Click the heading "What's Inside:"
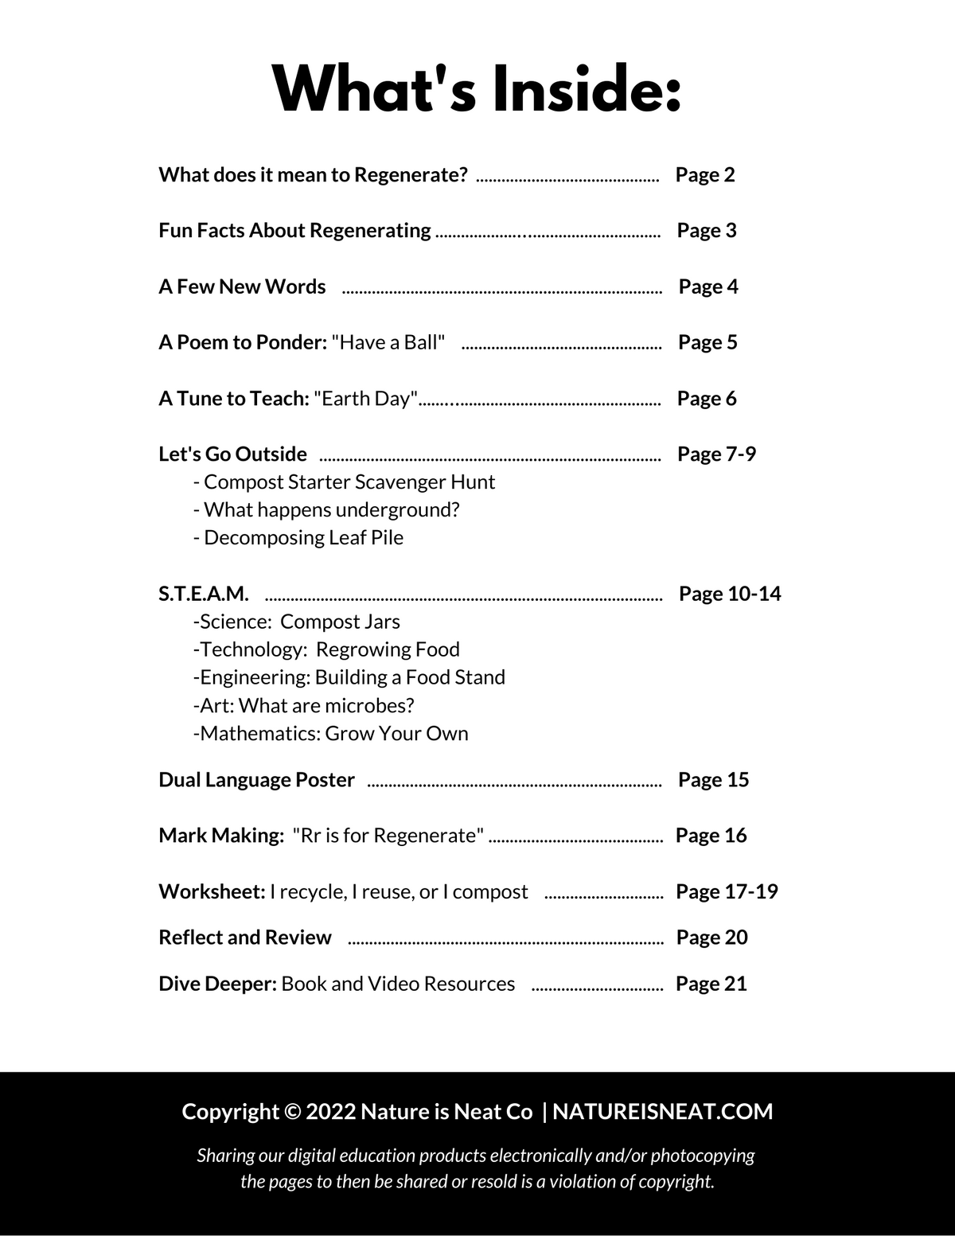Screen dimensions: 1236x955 coord(477,89)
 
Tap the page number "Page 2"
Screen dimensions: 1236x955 coord(705,175)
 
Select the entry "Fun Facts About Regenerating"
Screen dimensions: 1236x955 coord(294,231)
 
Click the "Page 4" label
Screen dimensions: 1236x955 coord(708,287)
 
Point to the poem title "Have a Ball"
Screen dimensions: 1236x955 coord(388,342)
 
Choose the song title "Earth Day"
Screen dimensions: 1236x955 coord(366,398)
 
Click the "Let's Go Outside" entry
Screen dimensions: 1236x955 coord(232,454)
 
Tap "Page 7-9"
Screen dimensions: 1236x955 coord(716,454)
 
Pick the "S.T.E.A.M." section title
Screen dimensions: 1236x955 coord(204,594)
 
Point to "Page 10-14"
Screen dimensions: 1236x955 coord(730,594)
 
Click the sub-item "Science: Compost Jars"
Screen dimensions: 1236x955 coord(298,622)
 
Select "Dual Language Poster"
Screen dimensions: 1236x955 coord(256,780)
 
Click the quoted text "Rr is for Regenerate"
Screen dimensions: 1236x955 coord(388,836)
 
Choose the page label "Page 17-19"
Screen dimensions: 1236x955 coord(727,891)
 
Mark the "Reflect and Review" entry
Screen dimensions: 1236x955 coord(245,938)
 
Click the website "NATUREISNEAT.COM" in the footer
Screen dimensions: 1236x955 coord(662,1112)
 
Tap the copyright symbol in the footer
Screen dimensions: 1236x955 coord(292,1112)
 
